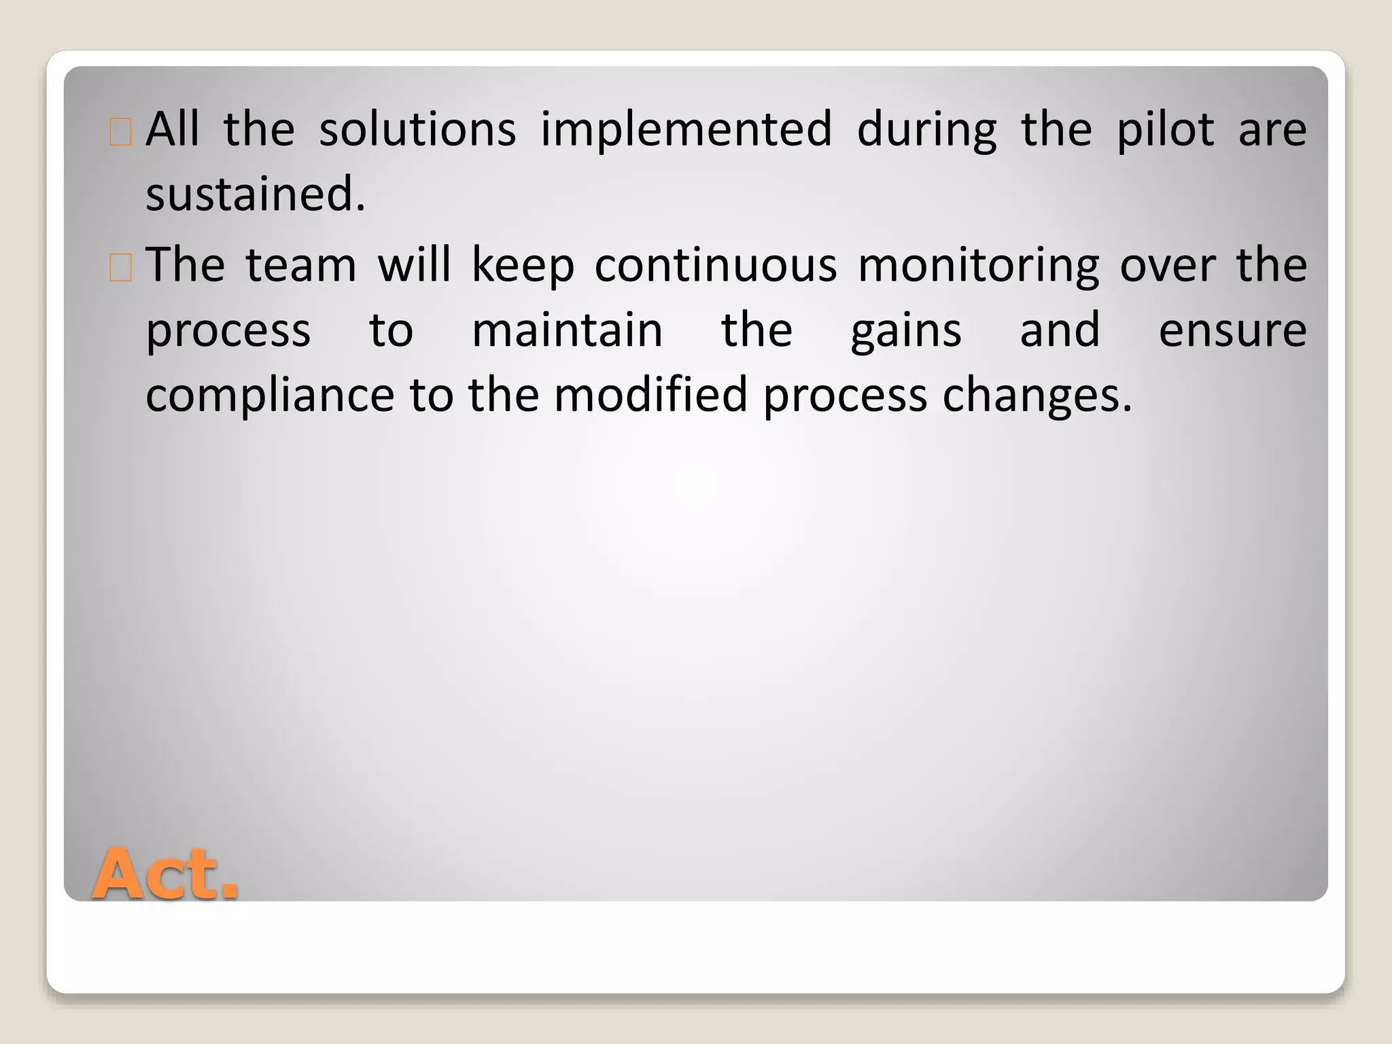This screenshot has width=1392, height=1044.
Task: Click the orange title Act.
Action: (165, 875)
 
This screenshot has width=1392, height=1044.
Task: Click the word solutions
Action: (417, 129)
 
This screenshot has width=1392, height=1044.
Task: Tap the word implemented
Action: (686, 129)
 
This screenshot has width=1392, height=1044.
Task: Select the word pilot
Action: (1165, 129)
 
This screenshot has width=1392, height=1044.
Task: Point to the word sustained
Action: (256, 194)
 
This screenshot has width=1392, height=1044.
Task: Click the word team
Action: (301, 264)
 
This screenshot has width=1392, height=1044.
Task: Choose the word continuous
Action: (716, 264)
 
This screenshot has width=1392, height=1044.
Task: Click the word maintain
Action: (567, 330)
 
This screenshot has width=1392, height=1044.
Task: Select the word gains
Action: (906, 332)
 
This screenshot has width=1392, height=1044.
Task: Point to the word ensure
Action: (1232, 332)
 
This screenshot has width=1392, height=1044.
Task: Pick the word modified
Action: (650, 395)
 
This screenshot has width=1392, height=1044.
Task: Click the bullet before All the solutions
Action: (120, 133)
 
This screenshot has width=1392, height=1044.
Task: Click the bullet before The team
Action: (120, 268)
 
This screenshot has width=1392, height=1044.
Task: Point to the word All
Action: (173, 129)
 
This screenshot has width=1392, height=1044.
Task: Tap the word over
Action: (1167, 266)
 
